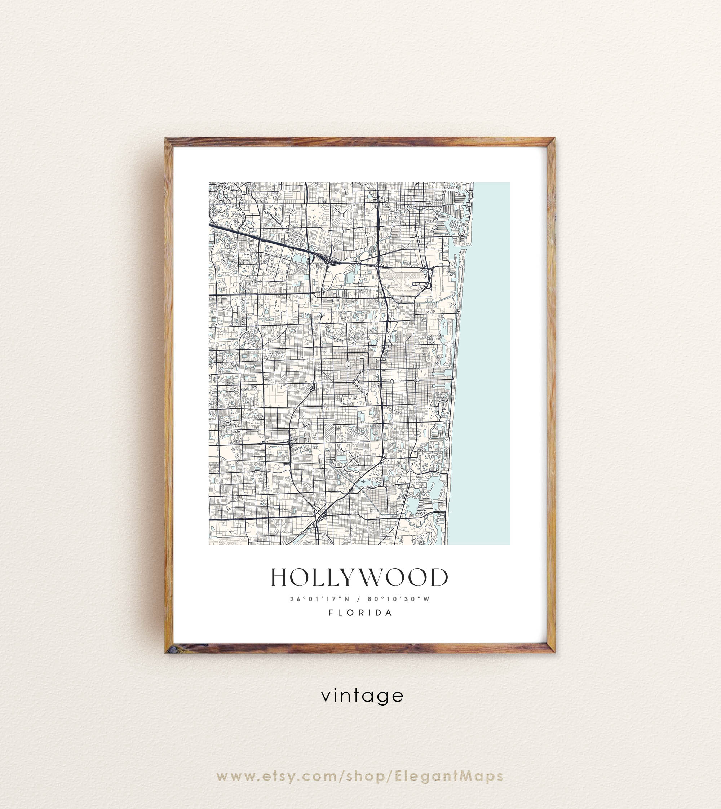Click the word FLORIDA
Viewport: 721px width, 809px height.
pos(360,613)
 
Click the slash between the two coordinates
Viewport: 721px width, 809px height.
pos(359,598)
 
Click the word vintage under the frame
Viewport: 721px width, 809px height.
pos(362,696)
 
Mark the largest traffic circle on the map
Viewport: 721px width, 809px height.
pos(356,381)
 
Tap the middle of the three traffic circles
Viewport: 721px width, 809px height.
pos(392,381)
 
